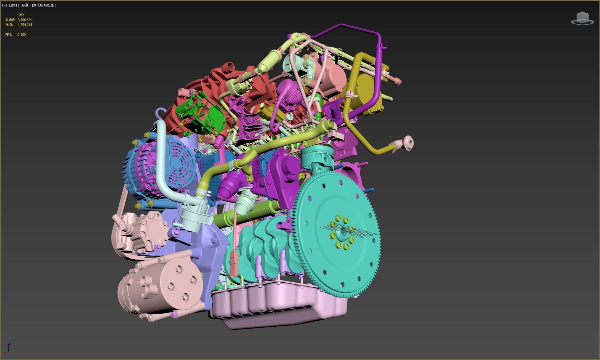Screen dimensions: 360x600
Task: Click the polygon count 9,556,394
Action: point(25,20)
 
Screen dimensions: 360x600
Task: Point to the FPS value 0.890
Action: point(22,34)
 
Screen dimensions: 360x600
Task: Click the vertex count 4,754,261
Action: point(25,25)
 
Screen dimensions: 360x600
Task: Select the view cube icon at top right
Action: point(582,18)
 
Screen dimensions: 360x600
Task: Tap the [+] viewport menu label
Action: point(5,5)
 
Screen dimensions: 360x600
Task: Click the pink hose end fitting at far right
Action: point(408,143)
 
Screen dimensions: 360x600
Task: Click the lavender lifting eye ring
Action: point(160,113)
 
